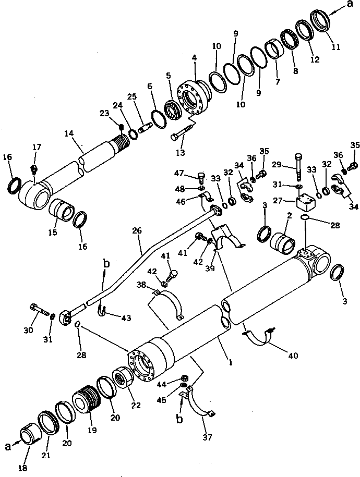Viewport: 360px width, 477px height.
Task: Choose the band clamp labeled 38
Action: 171,302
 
